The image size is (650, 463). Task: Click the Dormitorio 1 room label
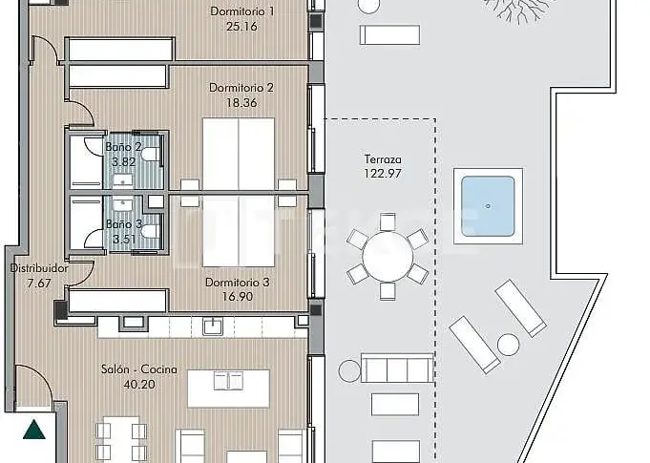[242, 11]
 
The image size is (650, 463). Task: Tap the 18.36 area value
[241, 103]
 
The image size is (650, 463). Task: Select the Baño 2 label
[123, 147]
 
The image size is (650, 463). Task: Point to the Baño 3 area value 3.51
[124, 240]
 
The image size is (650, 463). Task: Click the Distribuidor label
[39, 268]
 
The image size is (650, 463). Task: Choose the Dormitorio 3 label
[237, 283]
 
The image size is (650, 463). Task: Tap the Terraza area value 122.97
[383, 174]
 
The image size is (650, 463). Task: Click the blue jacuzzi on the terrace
[488, 206]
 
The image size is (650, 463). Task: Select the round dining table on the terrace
[388, 257]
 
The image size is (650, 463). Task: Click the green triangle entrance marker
[34, 430]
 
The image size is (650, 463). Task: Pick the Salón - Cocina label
[139, 369]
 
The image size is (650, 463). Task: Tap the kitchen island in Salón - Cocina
[228, 389]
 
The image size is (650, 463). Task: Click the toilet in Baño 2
[150, 155]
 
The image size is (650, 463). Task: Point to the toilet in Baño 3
[150, 231]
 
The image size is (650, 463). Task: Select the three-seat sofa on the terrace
[397, 368]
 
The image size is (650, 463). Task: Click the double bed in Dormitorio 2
[239, 155]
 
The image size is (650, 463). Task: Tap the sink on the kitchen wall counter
[213, 326]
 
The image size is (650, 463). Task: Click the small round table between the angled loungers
[508, 345]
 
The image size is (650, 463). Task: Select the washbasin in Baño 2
[123, 179]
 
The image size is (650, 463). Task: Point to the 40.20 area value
[139, 385]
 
